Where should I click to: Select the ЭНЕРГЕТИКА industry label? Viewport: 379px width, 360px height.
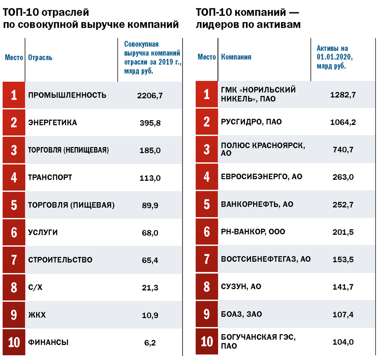click(x=53, y=123)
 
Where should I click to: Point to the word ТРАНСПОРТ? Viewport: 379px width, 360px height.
click(x=50, y=178)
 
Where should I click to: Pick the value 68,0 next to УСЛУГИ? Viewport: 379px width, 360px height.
click(x=150, y=233)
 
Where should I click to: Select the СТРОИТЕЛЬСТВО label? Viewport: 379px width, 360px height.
click(x=60, y=260)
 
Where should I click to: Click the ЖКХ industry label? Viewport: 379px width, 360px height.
click(x=37, y=315)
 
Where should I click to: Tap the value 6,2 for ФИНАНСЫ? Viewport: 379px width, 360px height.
click(x=150, y=343)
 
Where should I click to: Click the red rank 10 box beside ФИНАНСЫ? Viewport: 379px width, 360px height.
click(x=14, y=343)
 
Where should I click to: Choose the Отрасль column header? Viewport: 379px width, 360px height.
click(x=40, y=58)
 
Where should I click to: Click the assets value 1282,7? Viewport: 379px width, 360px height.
click(x=343, y=95)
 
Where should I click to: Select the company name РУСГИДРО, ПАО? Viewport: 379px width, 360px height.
click(x=251, y=122)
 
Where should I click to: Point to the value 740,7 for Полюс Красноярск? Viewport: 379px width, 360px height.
click(x=343, y=149)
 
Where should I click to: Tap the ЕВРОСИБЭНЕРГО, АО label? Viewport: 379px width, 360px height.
click(x=261, y=177)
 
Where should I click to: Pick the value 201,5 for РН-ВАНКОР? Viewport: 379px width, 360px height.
click(x=343, y=232)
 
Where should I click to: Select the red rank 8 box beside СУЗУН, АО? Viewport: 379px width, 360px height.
click(x=207, y=287)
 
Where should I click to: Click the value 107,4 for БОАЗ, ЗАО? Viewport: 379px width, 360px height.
click(x=343, y=314)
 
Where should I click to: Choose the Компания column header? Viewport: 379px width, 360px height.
click(x=236, y=57)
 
